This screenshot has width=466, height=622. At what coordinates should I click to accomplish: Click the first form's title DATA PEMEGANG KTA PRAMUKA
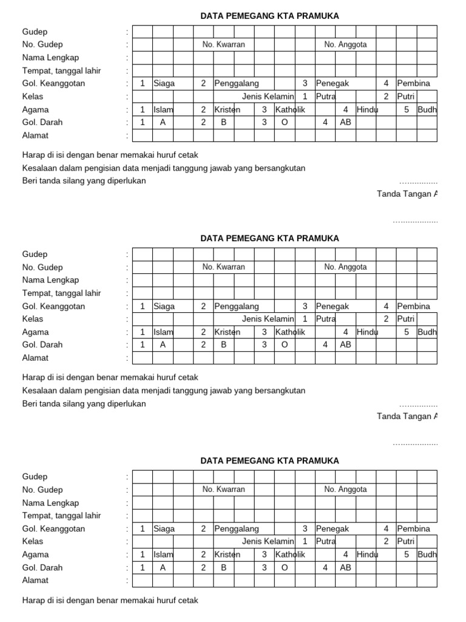pos(269,16)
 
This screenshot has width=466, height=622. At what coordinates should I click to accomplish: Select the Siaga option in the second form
pos(164,306)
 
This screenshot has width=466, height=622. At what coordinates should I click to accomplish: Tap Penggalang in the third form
pos(237,528)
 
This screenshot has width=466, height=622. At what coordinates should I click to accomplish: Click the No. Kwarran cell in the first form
pos(224,44)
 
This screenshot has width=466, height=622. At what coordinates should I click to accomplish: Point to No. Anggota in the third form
pos(345,489)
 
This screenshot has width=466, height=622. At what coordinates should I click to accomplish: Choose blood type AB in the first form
pos(345,122)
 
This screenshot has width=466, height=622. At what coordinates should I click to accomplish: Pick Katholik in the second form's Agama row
pos(291,332)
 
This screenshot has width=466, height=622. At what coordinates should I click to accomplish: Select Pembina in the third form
pos(413,528)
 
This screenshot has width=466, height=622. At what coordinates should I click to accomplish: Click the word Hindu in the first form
pos(367,110)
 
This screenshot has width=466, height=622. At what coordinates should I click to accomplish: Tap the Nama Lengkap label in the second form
pos(50,280)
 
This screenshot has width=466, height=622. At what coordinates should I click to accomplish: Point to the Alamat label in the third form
pos(35,580)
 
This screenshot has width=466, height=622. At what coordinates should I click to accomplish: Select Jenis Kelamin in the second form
pos(268,319)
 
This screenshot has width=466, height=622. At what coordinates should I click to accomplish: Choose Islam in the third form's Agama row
pos(163,555)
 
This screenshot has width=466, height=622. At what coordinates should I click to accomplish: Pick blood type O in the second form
pos(284,344)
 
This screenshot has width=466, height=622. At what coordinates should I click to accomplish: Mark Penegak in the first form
pos(332,83)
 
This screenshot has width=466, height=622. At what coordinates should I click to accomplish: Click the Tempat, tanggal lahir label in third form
pos(61,516)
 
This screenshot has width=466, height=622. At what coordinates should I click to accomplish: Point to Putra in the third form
pos(326,541)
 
